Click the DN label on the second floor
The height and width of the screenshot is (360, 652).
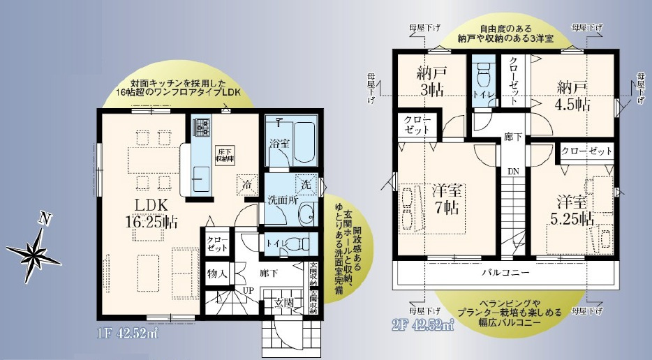(x=512, y=171)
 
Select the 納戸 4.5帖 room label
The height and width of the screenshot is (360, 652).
(x=574, y=95)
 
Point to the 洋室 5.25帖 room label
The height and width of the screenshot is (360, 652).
(x=570, y=209)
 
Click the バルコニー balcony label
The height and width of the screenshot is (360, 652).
(x=505, y=272)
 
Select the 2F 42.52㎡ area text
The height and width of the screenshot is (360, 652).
(x=419, y=324)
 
